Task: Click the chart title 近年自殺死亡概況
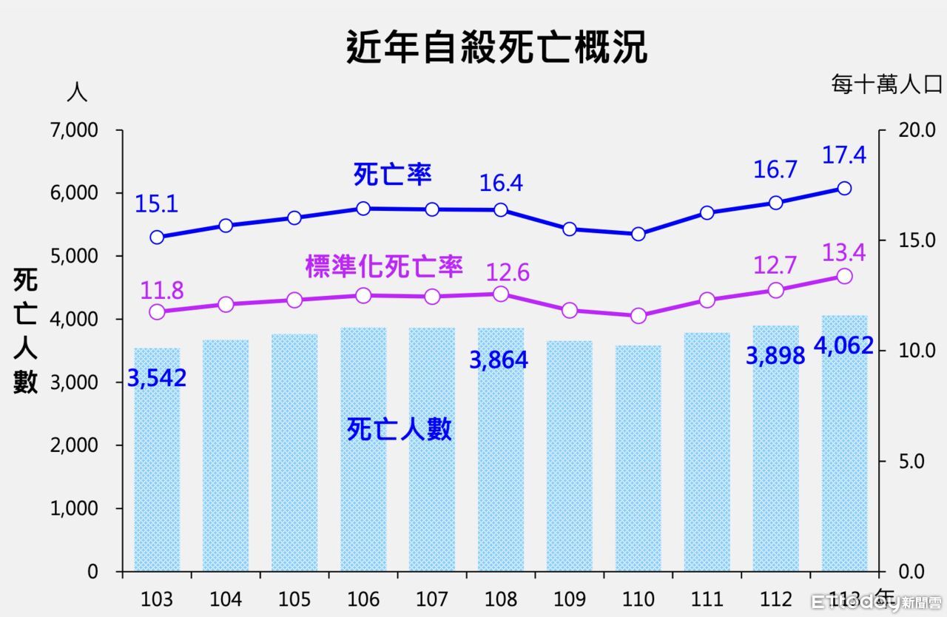pos(496,48)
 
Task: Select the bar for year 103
pos(157,459)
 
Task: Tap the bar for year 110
pos(638,459)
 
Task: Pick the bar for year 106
pos(363,451)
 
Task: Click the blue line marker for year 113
pos(844,188)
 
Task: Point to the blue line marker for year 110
pos(638,234)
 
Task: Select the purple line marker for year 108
pos(501,294)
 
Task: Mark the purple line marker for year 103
pos(157,311)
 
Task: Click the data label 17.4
pos(844,155)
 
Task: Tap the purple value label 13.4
pos(844,252)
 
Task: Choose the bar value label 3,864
pos(499,360)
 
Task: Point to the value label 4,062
pos(843,345)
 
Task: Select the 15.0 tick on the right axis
pos(897,240)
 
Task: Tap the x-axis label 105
pos(294,599)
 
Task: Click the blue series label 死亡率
pos(392,175)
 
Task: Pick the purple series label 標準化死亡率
pos(384,267)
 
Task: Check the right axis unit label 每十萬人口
pos(886,85)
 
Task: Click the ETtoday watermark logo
pos(876,601)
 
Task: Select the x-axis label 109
pos(569,599)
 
